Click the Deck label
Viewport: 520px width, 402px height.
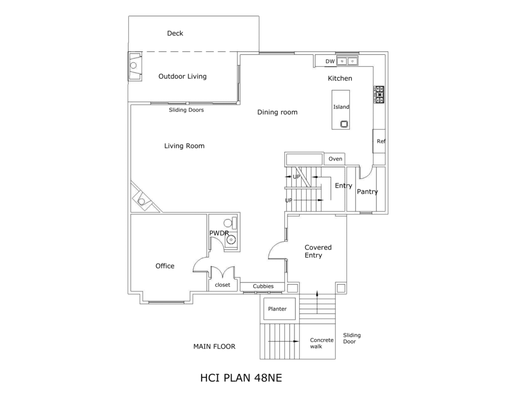(x=175, y=34)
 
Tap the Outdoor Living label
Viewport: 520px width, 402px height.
(x=182, y=77)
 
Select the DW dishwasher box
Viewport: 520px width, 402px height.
(x=330, y=61)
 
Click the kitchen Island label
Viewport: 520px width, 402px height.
(x=341, y=107)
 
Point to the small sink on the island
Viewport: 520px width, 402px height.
(x=344, y=123)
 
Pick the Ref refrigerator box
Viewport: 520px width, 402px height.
(x=380, y=141)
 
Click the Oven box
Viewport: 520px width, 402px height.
(x=335, y=159)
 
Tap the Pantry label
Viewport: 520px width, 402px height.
(x=367, y=192)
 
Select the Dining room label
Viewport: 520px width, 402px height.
(x=277, y=112)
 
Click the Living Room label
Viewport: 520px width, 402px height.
(x=184, y=146)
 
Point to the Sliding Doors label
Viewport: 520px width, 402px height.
(x=186, y=110)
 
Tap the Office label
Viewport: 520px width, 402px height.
(x=165, y=266)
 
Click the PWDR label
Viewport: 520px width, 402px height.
(x=219, y=233)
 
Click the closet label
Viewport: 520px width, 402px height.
(x=222, y=285)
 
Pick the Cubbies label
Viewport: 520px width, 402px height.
(x=263, y=286)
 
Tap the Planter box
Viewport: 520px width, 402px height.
(x=278, y=309)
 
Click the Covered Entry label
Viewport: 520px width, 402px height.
(x=318, y=251)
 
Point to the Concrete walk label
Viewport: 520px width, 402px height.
(x=322, y=343)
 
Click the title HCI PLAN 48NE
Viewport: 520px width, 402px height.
(x=241, y=378)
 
